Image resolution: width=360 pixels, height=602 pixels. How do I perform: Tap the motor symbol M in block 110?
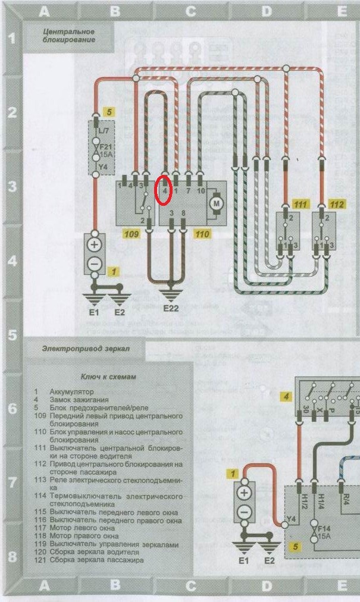[x=215, y=204]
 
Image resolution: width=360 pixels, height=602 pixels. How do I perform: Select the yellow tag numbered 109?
[x=131, y=234]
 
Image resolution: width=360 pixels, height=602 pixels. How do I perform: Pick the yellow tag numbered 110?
[x=202, y=234]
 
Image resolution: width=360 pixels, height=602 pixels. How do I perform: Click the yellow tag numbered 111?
[x=301, y=204]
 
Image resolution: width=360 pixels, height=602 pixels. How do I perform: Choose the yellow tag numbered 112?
[x=337, y=204]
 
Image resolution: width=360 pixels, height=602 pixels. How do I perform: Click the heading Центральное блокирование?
[x=69, y=35]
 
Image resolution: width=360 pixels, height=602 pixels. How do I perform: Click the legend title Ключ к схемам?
[x=109, y=377]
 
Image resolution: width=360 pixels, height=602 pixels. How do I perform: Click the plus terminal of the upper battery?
[x=94, y=244]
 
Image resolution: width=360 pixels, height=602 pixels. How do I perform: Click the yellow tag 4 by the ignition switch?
[x=287, y=397]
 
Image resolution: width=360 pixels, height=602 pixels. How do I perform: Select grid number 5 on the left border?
[x=12, y=335]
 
